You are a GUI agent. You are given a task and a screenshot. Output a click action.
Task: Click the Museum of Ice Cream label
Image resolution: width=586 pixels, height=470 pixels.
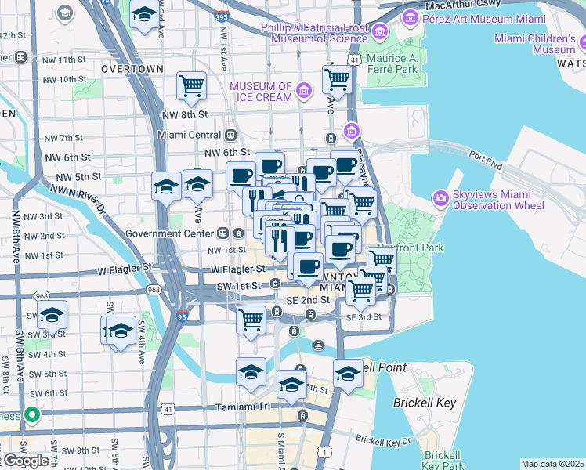[261, 92]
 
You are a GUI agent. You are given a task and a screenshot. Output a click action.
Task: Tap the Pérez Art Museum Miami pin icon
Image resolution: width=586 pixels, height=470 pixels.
[409, 16]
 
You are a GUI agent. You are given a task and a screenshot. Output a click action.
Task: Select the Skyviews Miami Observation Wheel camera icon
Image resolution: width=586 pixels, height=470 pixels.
[441, 199]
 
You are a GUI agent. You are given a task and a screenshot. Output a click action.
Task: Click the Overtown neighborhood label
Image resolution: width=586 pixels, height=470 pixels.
[132, 69]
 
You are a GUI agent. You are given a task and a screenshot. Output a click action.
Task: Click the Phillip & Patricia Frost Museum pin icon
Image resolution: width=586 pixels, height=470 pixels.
[381, 32]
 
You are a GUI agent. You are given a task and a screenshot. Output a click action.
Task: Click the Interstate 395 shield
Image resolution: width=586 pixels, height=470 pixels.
[220, 16]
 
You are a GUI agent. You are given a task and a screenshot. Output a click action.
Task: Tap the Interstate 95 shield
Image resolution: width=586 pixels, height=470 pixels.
[183, 316]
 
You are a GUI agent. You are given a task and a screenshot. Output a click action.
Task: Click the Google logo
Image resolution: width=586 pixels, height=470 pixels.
[27, 461]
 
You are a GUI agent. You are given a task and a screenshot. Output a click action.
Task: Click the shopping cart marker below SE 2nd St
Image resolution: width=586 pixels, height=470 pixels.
[251, 319]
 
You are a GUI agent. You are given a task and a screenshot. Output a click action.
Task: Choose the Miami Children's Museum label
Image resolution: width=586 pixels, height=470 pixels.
[535, 44]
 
